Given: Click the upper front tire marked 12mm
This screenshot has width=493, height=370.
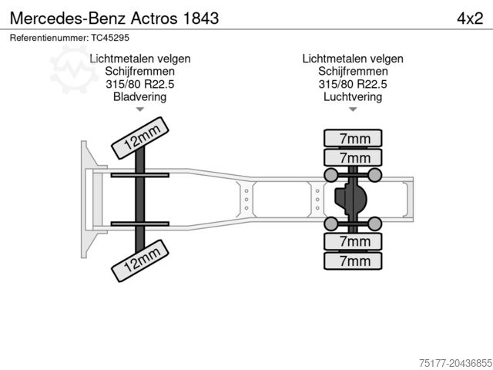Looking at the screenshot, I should tap(141, 138).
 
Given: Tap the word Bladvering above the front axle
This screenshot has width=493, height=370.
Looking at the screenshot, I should tap(139, 97).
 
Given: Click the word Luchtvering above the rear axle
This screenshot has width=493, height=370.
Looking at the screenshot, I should tap(353, 97).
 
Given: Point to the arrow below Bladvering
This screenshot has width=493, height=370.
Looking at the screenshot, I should tap(139, 110).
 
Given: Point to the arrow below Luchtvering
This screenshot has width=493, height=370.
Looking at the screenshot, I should tap(353, 110).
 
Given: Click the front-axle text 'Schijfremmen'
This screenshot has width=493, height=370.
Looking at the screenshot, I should tap(139, 72).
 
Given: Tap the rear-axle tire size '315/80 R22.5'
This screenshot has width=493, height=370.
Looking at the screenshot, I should tap(353, 85).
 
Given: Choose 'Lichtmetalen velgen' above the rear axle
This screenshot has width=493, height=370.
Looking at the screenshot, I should tap(353, 59).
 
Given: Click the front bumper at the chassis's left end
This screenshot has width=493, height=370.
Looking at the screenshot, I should tap(84, 199).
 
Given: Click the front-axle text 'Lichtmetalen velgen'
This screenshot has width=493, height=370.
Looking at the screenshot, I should tap(139, 59).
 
